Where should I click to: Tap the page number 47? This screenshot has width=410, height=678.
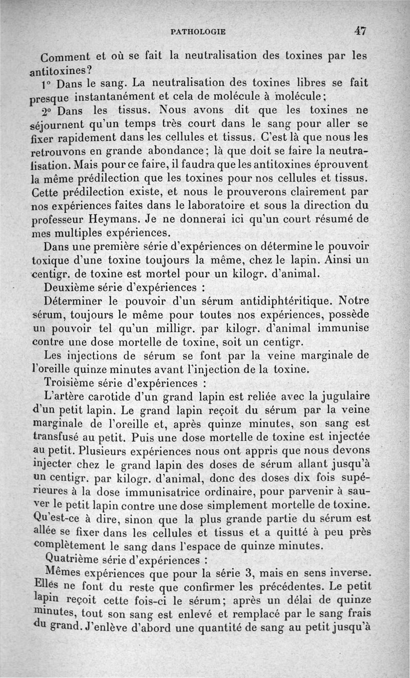(360, 31)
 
